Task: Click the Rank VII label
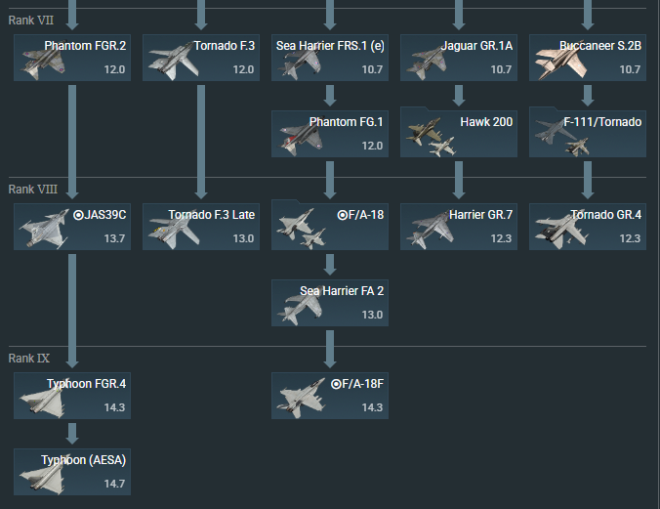pos(30,21)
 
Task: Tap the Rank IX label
pos(29,359)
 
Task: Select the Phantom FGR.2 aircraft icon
pos(43,63)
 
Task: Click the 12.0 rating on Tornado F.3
pos(243,69)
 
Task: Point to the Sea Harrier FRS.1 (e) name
pos(330,46)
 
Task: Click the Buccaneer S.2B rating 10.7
pos(630,69)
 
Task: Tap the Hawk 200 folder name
pos(486,122)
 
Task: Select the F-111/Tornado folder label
pos(602,122)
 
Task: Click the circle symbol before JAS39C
pos(78,215)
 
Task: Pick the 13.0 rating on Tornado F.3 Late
pos(243,238)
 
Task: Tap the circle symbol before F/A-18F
pos(336,384)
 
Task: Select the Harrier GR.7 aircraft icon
pos(431,231)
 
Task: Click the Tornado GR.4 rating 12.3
pos(630,238)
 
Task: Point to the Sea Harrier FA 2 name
pos(342,291)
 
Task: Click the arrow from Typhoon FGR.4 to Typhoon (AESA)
pos(72,434)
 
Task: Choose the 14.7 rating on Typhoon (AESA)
pos(114,484)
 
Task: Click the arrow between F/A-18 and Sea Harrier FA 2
pos(330,265)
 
